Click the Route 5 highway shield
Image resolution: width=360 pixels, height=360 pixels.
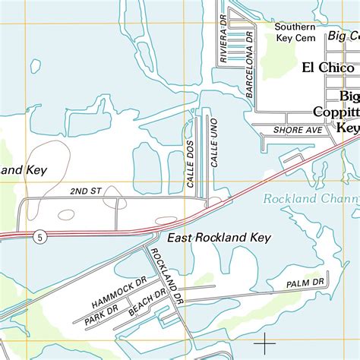click(x=39, y=238)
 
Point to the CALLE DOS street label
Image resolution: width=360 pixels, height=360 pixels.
click(x=191, y=163)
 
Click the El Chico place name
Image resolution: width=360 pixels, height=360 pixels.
click(x=327, y=67)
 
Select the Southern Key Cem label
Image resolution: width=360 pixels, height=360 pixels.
click(x=295, y=32)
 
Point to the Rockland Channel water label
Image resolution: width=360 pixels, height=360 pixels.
click(x=310, y=200)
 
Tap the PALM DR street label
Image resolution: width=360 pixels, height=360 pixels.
click(x=305, y=283)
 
